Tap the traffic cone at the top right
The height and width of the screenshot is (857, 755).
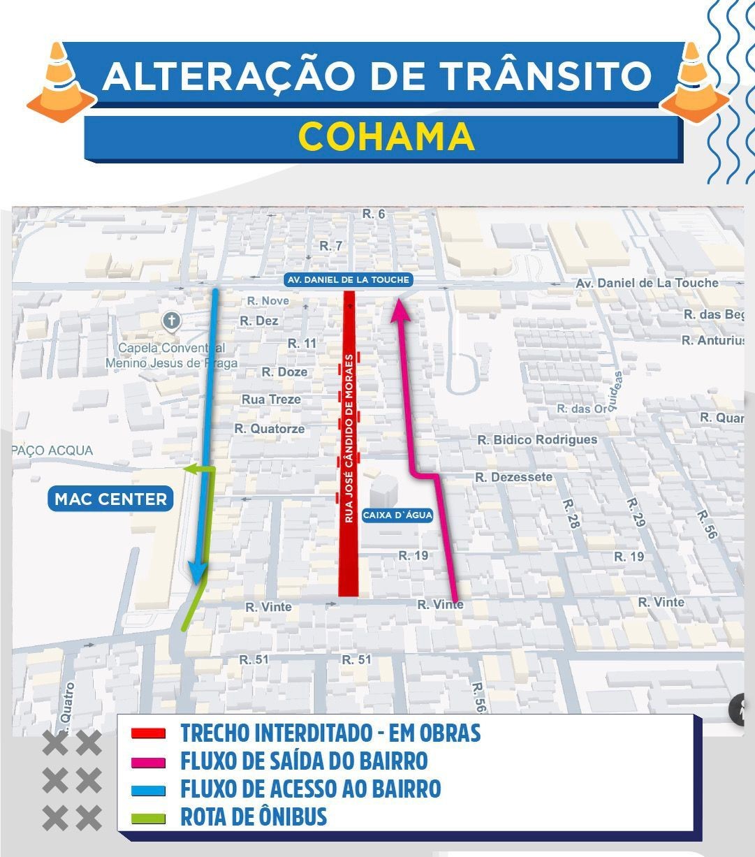[694, 81]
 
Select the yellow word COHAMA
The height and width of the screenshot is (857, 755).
[387, 136]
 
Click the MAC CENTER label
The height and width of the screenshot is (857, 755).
[111, 499]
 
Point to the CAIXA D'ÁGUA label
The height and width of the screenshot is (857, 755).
[397, 515]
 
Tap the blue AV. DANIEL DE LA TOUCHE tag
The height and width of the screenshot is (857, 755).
[349, 280]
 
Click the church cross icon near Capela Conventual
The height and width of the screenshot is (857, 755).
[171, 321]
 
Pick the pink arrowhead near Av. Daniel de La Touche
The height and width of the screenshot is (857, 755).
[400, 309]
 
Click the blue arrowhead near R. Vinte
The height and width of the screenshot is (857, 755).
[198, 574]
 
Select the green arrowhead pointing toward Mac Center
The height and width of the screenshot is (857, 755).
[190, 469]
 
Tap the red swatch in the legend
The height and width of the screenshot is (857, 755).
[148, 734]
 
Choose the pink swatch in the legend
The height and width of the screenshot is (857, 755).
[148, 762]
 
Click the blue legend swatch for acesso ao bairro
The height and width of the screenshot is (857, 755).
[148, 790]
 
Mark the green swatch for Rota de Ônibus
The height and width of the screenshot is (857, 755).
[148, 818]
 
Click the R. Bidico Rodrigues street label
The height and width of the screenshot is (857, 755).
[537, 440]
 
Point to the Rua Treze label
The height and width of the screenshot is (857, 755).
[271, 400]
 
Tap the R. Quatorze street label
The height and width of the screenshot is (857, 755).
[270, 429]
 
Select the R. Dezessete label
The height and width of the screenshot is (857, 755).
[513, 477]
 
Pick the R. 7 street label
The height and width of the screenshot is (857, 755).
[331, 246]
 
